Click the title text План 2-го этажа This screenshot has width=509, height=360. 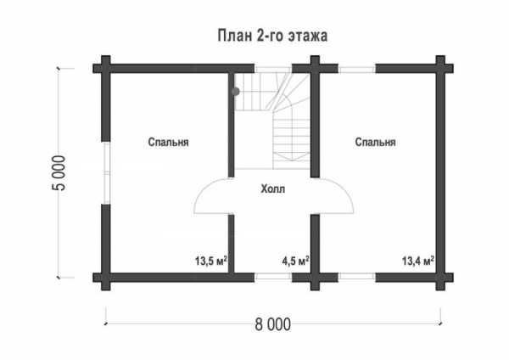click(x=272, y=36)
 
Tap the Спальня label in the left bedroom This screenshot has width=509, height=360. click(x=168, y=143)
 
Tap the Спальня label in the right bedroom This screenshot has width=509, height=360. click(x=375, y=143)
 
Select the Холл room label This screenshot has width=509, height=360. click(x=272, y=188)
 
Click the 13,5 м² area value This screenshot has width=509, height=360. click(x=210, y=261)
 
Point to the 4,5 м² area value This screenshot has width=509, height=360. click(x=295, y=261)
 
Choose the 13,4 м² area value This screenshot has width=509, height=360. click(x=418, y=261)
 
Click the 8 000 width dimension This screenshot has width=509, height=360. click(x=272, y=324)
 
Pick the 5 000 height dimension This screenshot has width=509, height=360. click(x=59, y=173)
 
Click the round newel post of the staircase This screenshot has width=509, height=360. click(x=235, y=92)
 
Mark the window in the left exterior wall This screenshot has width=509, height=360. click(x=106, y=173)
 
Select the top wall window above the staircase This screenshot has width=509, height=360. click(x=272, y=69)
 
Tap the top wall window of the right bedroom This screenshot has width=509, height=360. click(x=357, y=69)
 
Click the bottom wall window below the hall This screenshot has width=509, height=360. click(x=272, y=277)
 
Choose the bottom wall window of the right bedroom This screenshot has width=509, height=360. click(x=357, y=277)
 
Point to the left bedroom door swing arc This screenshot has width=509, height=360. click(x=204, y=189)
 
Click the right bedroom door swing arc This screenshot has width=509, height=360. click(x=343, y=189)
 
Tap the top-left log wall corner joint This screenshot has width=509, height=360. click(x=106, y=68)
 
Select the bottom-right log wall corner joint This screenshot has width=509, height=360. click(x=440, y=277)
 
